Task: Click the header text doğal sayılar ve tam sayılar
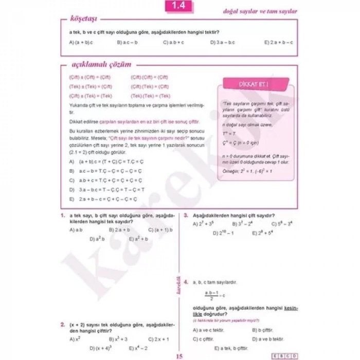[260, 11]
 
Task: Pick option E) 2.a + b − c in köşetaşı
[278, 42]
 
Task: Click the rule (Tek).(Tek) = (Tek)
[150, 96]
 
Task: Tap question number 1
[62, 215]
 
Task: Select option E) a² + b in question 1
[138, 239]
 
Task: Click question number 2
[62, 325]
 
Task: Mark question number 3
[186, 215]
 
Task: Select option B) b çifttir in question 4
[262, 330]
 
